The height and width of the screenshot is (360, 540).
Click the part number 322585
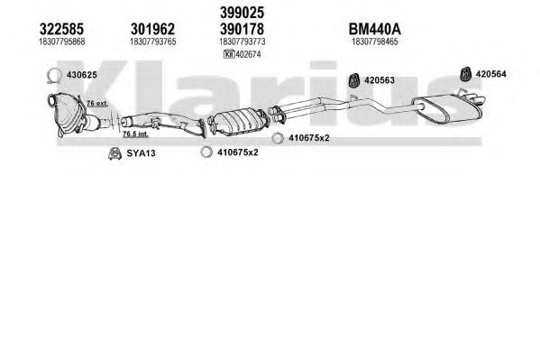click(x=61, y=29)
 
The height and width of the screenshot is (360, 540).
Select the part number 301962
click(x=152, y=29)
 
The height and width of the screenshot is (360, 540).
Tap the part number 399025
click(x=243, y=13)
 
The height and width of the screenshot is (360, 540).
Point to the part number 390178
click(x=243, y=29)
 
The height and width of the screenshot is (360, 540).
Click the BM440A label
click(x=375, y=29)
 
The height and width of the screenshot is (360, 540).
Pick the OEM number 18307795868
click(x=62, y=42)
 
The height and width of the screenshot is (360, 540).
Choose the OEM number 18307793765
click(x=153, y=42)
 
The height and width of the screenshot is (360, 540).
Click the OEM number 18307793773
click(x=243, y=42)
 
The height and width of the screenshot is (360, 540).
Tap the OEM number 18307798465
click(x=375, y=42)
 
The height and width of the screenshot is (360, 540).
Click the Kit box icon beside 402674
click(x=229, y=54)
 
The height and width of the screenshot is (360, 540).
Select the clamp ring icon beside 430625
click(x=54, y=76)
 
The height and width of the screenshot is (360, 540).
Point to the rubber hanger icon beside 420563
click(x=353, y=80)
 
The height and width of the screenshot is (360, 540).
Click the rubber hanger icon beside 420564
click(x=465, y=74)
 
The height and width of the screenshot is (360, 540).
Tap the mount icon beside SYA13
click(x=114, y=153)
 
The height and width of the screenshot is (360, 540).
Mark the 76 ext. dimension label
click(x=97, y=103)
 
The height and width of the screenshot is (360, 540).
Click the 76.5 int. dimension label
click(x=136, y=134)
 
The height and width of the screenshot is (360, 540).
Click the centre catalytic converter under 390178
click(x=240, y=122)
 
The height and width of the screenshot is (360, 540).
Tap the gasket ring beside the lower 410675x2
click(x=206, y=152)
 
